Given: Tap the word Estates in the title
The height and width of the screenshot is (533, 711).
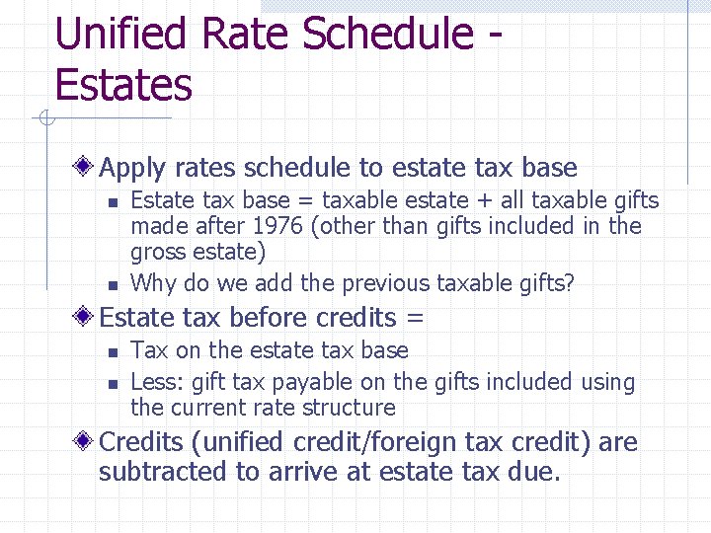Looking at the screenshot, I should click(x=123, y=85).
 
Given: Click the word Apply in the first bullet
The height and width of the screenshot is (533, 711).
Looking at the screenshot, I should click(x=131, y=169).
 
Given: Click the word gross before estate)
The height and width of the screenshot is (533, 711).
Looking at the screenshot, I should click(x=158, y=253).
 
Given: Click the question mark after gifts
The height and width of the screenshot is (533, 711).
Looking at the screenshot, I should click(x=568, y=283).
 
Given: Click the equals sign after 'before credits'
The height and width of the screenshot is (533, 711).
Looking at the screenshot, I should click(x=414, y=318).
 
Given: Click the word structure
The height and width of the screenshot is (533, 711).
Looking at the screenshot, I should click(x=354, y=408).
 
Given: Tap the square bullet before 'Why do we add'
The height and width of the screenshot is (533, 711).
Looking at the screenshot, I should click(x=113, y=285).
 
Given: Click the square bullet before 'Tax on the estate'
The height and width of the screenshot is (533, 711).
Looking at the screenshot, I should click(x=113, y=351).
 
